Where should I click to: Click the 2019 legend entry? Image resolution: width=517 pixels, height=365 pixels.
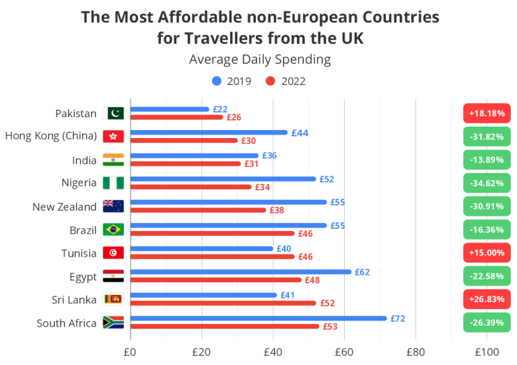point(232,81)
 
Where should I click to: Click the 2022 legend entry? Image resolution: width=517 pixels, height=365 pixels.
point(285,81)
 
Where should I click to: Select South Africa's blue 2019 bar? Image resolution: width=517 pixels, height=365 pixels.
point(258,319)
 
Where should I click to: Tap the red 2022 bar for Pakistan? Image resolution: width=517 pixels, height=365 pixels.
point(176,117)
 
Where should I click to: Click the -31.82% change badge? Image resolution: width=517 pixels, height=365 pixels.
point(487,137)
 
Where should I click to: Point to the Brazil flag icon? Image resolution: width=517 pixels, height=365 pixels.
point(113,230)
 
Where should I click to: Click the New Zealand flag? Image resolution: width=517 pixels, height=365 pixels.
point(113,207)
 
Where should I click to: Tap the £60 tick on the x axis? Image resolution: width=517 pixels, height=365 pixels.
point(344,352)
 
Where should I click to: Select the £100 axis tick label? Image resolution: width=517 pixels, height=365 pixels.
point(487,352)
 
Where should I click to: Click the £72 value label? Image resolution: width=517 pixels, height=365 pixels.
point(398,318)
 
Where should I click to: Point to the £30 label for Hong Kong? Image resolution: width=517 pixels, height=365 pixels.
point(248,141)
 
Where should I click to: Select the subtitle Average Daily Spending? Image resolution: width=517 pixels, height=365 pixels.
point(260,59)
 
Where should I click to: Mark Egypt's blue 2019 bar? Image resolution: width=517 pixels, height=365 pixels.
point(240,272)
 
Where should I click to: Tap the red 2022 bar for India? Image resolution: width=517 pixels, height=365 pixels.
point(184,164)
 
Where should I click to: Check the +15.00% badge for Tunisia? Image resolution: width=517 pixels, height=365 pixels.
point(487,253)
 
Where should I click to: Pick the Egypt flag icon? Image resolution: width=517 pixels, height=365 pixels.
point(113,276)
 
